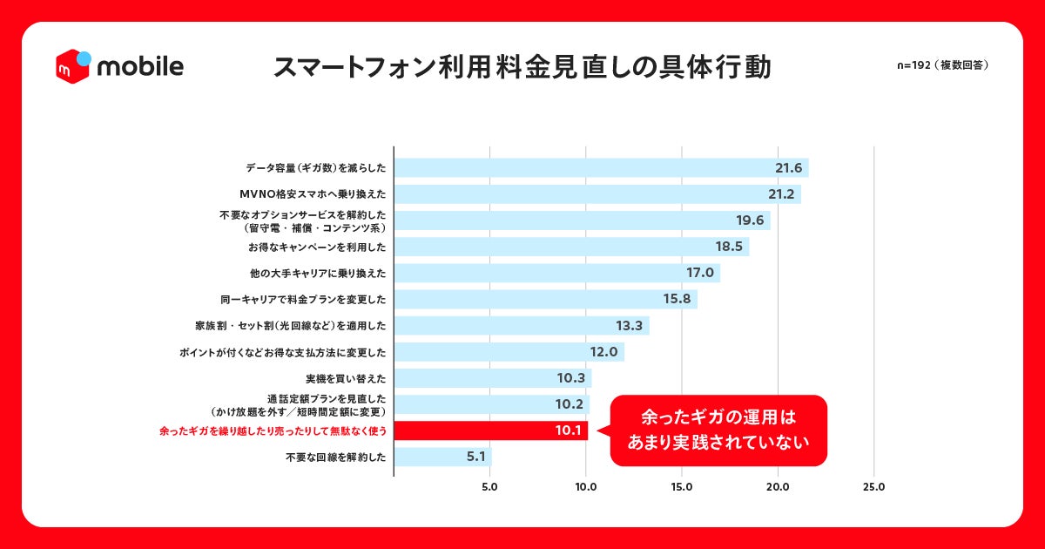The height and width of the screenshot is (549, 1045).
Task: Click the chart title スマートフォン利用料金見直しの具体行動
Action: (x=522, y=68)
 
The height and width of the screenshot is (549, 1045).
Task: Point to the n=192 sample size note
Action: (x=942, y=65)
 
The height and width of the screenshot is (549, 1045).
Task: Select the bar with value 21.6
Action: (x=601, y=168)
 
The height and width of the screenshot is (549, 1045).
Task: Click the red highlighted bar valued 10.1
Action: (x=491, y=430)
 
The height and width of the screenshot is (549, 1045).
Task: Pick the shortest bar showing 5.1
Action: (x=442, y=457)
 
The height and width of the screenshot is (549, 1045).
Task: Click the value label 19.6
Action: (x=750, y=220)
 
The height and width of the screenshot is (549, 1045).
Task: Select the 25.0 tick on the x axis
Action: (x=873, y=487)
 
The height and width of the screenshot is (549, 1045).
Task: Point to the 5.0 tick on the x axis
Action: (x=489, y=487)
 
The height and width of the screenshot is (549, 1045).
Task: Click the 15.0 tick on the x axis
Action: (x=682, y=487)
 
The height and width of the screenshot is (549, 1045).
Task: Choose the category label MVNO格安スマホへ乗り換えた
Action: (x=313, y=194)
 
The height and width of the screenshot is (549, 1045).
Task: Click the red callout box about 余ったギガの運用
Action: (x=718, y=430)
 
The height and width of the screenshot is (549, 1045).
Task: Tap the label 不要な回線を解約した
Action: (x=334, y=457)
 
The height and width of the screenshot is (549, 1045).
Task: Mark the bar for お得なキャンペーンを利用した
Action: (x=571, y=247)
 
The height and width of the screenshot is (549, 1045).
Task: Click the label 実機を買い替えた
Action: (x=346, y=378)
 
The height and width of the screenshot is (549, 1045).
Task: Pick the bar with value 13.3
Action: (x=521, y=326)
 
